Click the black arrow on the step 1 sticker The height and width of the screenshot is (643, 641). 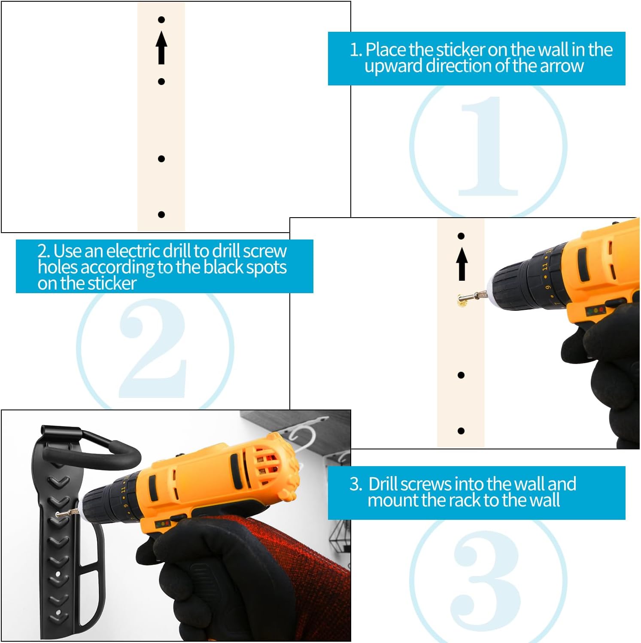pos(161,48)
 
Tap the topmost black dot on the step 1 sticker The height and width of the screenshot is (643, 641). pos(161,20)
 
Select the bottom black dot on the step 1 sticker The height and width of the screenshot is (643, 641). pos(161,215)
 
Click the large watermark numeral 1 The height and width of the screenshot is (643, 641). pos(488,146)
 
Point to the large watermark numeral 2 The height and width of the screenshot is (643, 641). pos(153,348)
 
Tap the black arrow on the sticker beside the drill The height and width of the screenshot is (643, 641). pos(462,264)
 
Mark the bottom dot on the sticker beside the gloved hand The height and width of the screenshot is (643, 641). pos(461,431)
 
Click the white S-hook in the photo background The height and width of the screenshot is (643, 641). pos(301,438)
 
